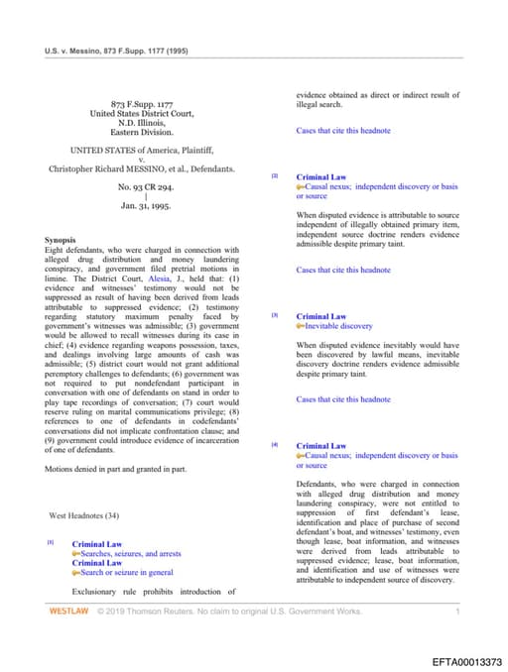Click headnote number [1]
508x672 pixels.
coord(50,543)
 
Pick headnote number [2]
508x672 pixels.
coord(275,176)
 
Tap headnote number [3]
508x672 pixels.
coord(275,315)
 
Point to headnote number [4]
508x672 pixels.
coord(275,445)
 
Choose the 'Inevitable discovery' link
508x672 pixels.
coord(338,326)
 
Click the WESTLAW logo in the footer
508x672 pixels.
coord(68,613)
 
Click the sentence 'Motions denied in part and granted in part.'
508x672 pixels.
coord(115,468)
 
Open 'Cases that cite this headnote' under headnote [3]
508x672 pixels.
coord(343,399)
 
